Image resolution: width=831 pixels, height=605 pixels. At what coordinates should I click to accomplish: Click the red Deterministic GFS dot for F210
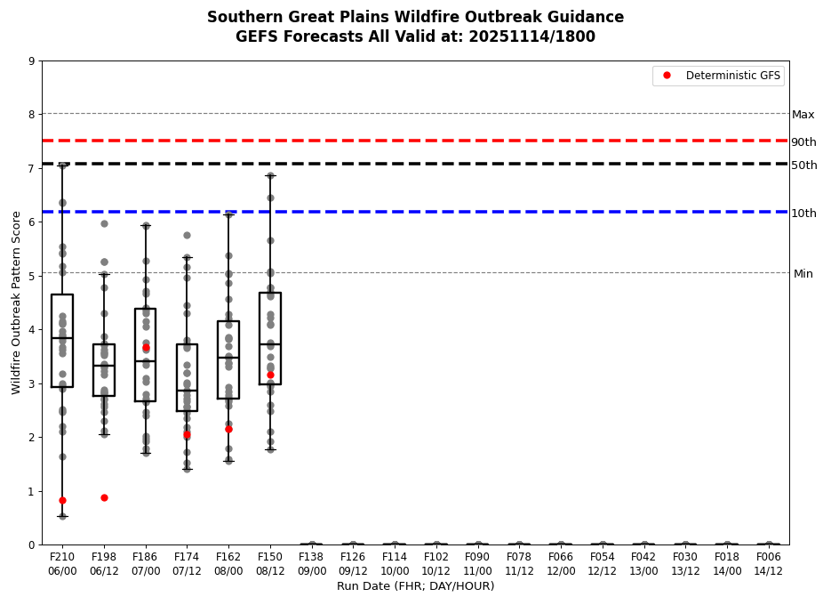tap(62, 500)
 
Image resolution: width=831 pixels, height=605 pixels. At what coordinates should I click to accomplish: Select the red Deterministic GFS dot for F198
tap(104, 497)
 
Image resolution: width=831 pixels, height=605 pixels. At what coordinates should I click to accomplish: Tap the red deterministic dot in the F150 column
tap(270, 375)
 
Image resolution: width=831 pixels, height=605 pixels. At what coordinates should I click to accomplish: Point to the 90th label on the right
tap(803, 142)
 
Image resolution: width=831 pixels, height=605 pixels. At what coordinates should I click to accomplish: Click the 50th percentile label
tap(803, 165)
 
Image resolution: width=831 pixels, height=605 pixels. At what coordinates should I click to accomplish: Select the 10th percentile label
tap(803, 214)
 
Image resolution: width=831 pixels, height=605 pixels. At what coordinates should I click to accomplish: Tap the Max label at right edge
tap(803, 115)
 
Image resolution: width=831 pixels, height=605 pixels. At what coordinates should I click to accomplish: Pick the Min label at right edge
tap(803, 274)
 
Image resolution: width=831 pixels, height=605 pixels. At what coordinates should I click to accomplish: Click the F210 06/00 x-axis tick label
tap(62, 565)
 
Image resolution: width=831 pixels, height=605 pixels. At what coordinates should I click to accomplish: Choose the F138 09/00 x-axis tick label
tap(312, 565)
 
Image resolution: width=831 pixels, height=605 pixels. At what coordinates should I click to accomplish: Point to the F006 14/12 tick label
tap(769, 565)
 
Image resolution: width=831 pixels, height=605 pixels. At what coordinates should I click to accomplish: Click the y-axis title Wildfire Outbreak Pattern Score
tap(17, 302)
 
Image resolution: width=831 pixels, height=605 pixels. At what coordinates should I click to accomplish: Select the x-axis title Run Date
tap(415, 586)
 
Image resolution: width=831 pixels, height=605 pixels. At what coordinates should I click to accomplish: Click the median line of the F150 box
tap(270, 343)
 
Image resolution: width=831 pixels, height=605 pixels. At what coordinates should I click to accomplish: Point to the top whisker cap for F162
tap(228, 214)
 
